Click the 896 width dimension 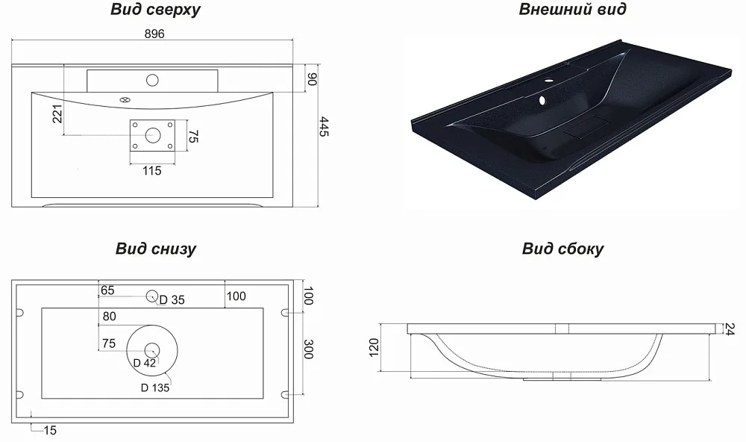point(154,34)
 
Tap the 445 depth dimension point(324,127)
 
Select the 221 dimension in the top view point(57,113)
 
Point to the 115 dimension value point(151,170)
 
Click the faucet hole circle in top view point(152,80)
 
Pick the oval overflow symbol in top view point(125,100)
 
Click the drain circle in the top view point(153,135)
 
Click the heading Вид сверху point(156,10)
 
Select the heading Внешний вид point(572,9)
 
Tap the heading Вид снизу point(156,249)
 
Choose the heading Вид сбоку point(562,249)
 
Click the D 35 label point(172,299)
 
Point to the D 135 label point(155,387)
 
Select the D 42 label point(144,363)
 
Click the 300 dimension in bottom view point(308,349)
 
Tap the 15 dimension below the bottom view point(50,431)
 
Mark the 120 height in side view point(374,348)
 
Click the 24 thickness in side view point(730,329)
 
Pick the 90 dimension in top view point(312,79)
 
